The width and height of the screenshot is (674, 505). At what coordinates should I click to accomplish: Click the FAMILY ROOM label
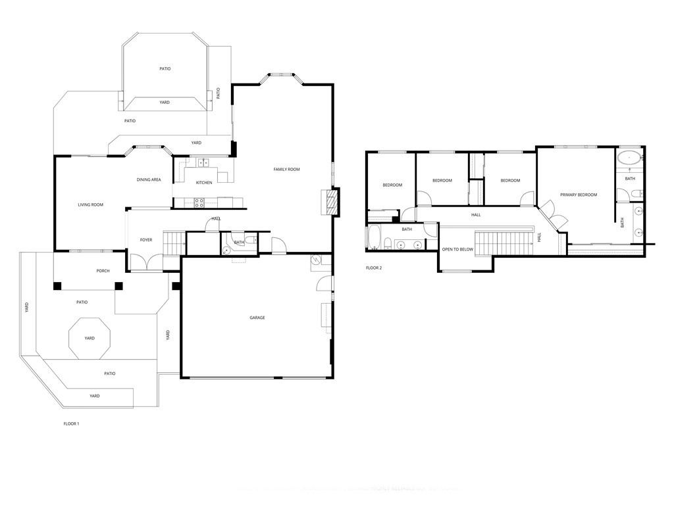286,170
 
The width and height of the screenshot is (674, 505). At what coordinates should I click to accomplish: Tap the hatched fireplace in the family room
330,203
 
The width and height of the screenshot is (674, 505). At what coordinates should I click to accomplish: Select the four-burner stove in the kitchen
198,203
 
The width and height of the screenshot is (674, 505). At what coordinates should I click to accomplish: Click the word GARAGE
257,318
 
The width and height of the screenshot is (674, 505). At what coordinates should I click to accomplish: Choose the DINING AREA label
149,180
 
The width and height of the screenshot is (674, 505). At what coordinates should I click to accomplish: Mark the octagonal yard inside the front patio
90,338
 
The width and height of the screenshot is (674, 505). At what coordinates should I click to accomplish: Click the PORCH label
103,271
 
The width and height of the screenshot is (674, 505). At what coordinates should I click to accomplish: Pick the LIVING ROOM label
91,205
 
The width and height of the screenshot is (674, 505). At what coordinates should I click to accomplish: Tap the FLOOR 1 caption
71,424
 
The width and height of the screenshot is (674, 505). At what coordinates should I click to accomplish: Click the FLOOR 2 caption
374,268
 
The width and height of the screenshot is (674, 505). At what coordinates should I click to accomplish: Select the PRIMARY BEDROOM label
579,195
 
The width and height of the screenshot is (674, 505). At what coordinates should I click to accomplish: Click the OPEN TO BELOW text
457,250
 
